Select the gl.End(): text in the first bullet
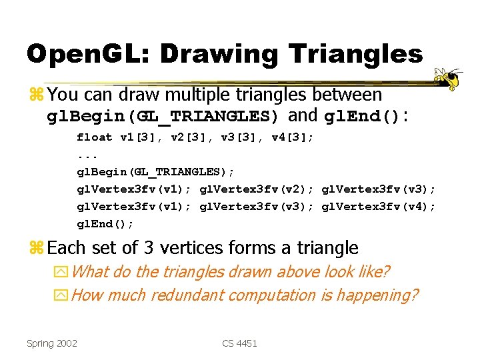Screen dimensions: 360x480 coord(366,116)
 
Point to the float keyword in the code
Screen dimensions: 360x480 coord(95,137)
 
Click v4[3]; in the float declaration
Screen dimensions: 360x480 coord(293,137)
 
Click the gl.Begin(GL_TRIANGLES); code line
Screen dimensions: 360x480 coord(155,172)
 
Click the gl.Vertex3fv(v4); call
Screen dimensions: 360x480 coord(379,207)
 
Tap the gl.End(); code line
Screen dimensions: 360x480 coord(105,224)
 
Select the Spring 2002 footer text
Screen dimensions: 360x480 coord(52,343)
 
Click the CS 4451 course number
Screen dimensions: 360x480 coord(240,343)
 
